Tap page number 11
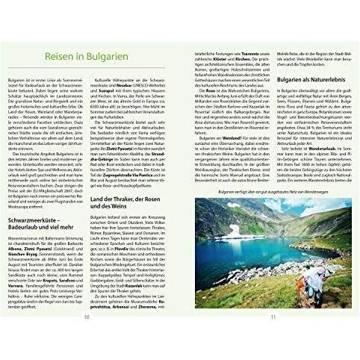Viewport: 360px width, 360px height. pyautogui.click(x=273, y=338)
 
